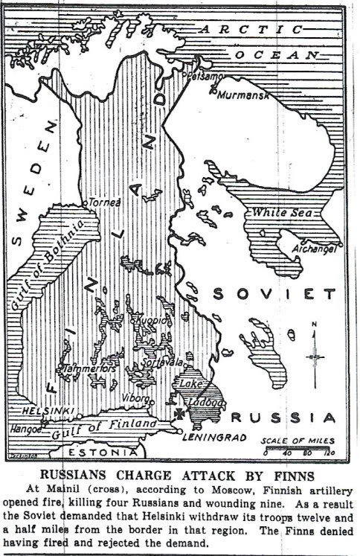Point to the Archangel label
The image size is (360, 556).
coord(317,249)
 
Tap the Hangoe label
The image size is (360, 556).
coord(25,429)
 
